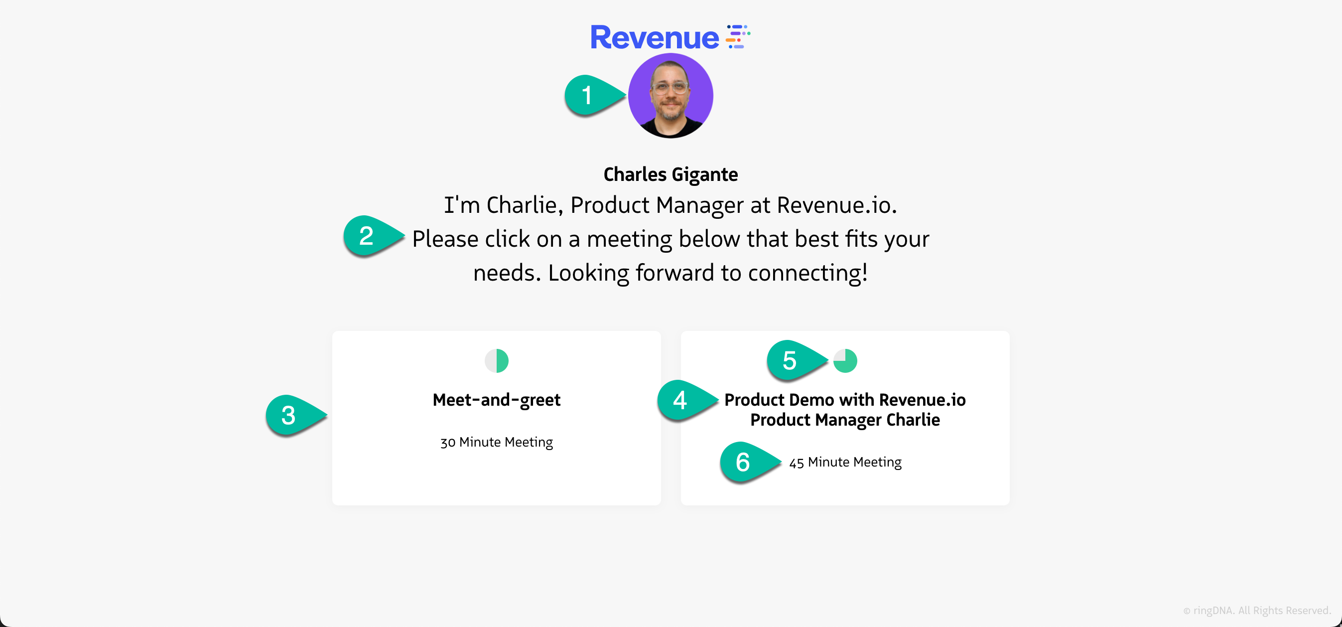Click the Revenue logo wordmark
click(655, 37)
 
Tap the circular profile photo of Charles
click(671, 96)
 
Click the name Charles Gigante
click(671, 174)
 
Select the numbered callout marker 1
click(594, 95)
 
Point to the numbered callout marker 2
click(373, 236)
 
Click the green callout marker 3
click(295, 415)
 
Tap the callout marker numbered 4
click(687, 400)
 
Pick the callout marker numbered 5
click(797, 361)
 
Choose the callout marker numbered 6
click(750, 463)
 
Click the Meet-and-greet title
click(497, 400)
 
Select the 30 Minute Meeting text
click(497, 442)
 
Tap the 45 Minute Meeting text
click(845, 463)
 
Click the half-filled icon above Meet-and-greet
click(497, 361)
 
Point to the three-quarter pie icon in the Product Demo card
click(845, 361)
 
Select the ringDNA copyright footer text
click(1256, 611)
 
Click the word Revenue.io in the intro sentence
click(837, 205)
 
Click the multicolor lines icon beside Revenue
click(738, 36)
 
